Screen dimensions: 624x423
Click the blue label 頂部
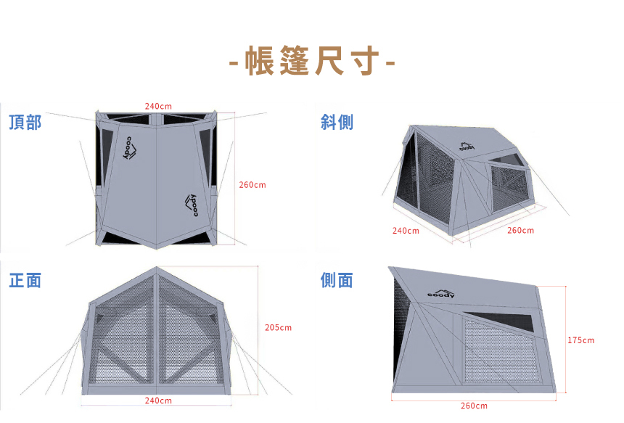pos(25,122)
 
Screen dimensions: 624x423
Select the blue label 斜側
pos(337,122)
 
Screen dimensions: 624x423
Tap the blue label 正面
pos(25,280)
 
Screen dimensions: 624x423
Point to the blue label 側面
pos(337,280)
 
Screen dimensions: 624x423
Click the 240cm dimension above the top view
pos(158,107)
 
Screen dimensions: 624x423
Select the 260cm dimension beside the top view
pos(253,185)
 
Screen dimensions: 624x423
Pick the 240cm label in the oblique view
pos(406,231)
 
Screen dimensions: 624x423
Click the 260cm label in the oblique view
pos(520,231)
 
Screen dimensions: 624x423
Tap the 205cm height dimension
pos(278,328)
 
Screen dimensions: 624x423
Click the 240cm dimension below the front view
pos(158,401)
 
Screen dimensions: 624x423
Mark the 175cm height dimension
pos(580,340)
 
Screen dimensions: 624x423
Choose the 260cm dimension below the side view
pos(474,406)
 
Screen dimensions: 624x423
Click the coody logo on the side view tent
pos(441,292)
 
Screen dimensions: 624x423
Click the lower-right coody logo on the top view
pos(192,204)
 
